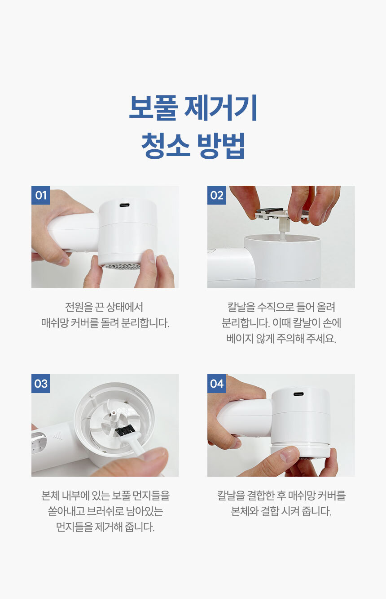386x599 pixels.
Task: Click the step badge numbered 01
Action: pyautogui.click(x=40, y=195)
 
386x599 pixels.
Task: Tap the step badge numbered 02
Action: pyautogui.click(x=216, y=195)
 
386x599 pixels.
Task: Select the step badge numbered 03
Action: pyautogui.click(x=40, y=384)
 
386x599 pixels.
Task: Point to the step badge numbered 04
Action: pyautogui.click(x=216, y=384)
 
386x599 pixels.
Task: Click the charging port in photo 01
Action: pyautogui.click(x=125, y=206)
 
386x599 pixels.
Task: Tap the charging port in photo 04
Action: pyautogui.click(x=298, y=394)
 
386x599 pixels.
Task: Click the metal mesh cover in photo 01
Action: pyautogui.click(x=120, y=266)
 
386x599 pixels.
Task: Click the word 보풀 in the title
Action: pyautogui.click(x=153, y=107)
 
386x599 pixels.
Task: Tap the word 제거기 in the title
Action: pyautogui.click(x=221, y=107)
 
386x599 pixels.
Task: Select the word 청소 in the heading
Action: pyautogui.click(x=166, y=146)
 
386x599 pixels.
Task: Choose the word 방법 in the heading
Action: pyautogui.click(x=221, y=146)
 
